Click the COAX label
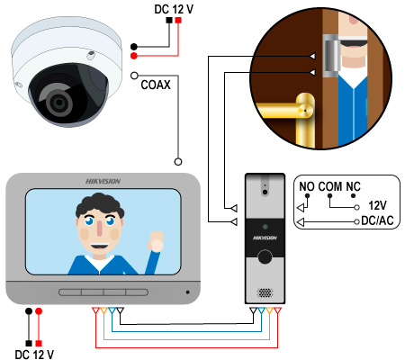(x=156, y=85)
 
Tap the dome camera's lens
(x=59, y=103)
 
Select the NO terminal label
(x=307, y=186)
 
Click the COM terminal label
(x=330, y=186)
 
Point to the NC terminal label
(x=353, y=186)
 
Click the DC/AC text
(x=377, y=220)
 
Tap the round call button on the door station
(x=265, y=256)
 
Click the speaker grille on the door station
(x=265, y=292)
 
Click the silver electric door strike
(x=331, y=56)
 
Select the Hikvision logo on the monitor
(x=103, y=181)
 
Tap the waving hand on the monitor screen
(x=156, y=241)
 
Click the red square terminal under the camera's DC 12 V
(x=178, y=20)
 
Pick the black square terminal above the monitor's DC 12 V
(x=29, y=343)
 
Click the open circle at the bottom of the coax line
(x=178, y=162)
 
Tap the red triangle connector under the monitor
(x=95, y=310)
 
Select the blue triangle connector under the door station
(x=261, y=310)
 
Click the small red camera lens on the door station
(x=265, y=192)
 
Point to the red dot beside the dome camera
(x=134, y=56)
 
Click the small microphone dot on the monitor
(x=188, y=292)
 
